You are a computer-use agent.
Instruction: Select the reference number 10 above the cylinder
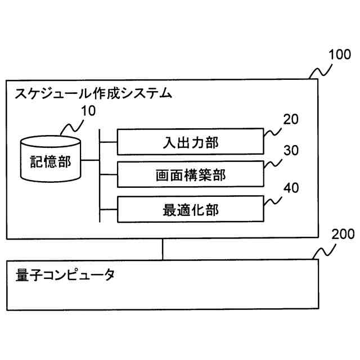pos(88,111)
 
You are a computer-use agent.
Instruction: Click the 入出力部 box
pos(190,141)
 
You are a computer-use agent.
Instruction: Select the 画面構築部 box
pos(190,174)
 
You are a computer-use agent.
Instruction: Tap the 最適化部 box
pos(190,209)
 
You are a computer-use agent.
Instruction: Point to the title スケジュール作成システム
pos(93,93)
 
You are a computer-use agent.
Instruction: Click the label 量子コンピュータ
pos(65,276)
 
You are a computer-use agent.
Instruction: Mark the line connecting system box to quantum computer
pos(163,250)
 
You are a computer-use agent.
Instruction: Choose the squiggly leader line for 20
pos(273,133)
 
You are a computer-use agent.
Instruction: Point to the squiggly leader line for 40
pos(273,200)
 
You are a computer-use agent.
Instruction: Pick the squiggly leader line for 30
pos(273,165)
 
